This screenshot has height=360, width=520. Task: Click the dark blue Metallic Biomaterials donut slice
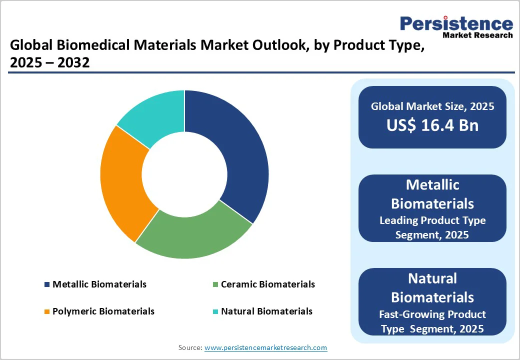coord(235,150)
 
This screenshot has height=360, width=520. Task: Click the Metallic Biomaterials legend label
coord(99,284)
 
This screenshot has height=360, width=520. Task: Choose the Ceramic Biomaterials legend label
coord(267,284)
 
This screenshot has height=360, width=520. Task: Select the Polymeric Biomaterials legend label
coord(103,311)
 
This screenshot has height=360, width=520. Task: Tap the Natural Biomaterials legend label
coord(266,311)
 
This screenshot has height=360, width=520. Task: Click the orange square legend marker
coord(47,311)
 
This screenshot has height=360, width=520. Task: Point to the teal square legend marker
coord(215,311)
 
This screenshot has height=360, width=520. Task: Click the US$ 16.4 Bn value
coord(432,125)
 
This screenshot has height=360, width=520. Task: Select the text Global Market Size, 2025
coord(432,106)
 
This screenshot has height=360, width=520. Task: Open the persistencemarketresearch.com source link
coord(266,347)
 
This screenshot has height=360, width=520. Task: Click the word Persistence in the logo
coord(456,23)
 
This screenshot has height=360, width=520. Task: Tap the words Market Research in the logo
coord(477,35)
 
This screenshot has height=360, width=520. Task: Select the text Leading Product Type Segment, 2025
coord(432,227)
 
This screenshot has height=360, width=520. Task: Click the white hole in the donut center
coord(184,174)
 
